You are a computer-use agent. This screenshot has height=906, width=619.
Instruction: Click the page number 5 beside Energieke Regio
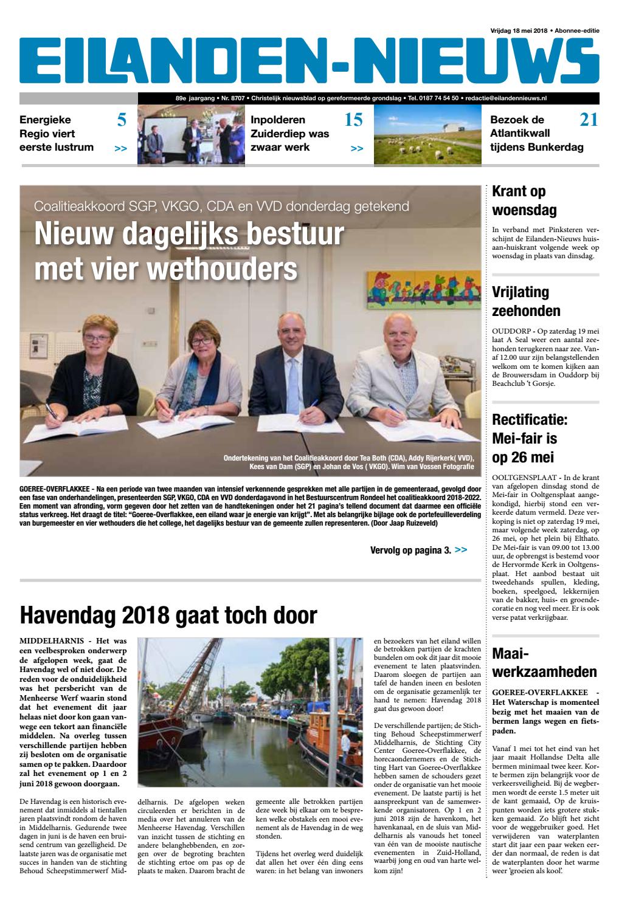tap(122, 120)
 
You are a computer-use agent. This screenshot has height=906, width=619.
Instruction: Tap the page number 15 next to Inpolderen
tap(353, 120)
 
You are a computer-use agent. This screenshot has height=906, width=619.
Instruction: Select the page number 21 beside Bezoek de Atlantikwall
tap(588, 120)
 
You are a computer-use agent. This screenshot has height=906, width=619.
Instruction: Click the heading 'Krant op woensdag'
tap(524, 201)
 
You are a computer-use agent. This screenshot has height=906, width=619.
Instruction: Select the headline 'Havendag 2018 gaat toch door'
tap(168, 616)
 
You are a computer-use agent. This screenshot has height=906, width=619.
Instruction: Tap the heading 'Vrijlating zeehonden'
tap(526, 301)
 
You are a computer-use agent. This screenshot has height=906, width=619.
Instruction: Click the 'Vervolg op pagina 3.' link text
tap(410, 551)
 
